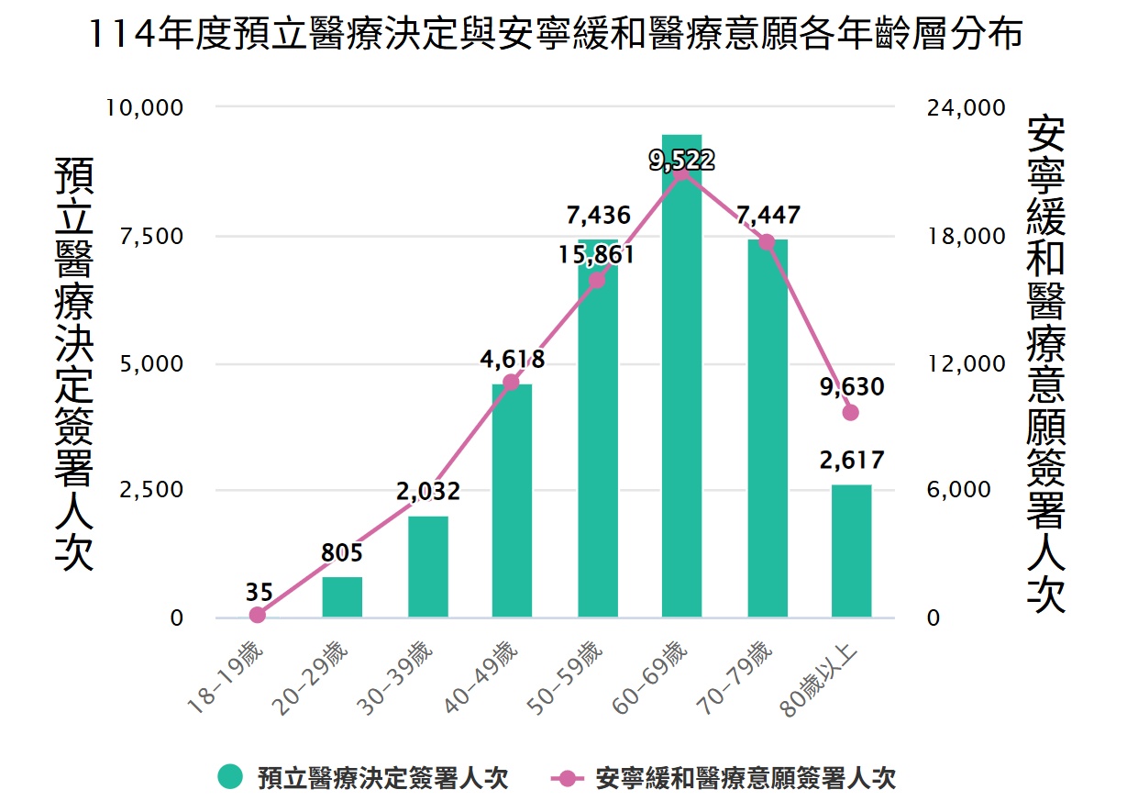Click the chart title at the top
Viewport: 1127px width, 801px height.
[x=557, y=37]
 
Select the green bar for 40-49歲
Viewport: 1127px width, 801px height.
[x=512, y=500]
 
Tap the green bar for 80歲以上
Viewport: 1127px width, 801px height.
[x=851, y=551]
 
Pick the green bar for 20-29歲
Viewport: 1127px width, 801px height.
[x=342, y=596]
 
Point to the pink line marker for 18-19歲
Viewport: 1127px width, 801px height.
[x=257, y=615]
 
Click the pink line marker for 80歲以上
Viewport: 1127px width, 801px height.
[x=850, y=412]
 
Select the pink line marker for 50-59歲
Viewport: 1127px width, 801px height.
[x=597, y=280]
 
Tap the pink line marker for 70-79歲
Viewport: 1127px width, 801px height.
[x=767, y=242]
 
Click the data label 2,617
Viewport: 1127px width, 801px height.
[x=851, y=461]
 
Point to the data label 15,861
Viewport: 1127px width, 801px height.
[x=597, y=254]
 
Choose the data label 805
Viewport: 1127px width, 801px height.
[x=342, y=553]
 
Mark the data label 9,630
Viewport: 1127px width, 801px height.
[x=851, y=387]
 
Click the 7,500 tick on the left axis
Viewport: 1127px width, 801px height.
[x=152, y=236]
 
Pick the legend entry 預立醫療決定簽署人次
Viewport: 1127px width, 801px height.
[x=363, y=778]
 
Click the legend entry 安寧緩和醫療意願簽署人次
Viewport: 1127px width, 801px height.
[x=724, y=778]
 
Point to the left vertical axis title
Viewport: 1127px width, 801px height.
[x=75, y=362]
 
